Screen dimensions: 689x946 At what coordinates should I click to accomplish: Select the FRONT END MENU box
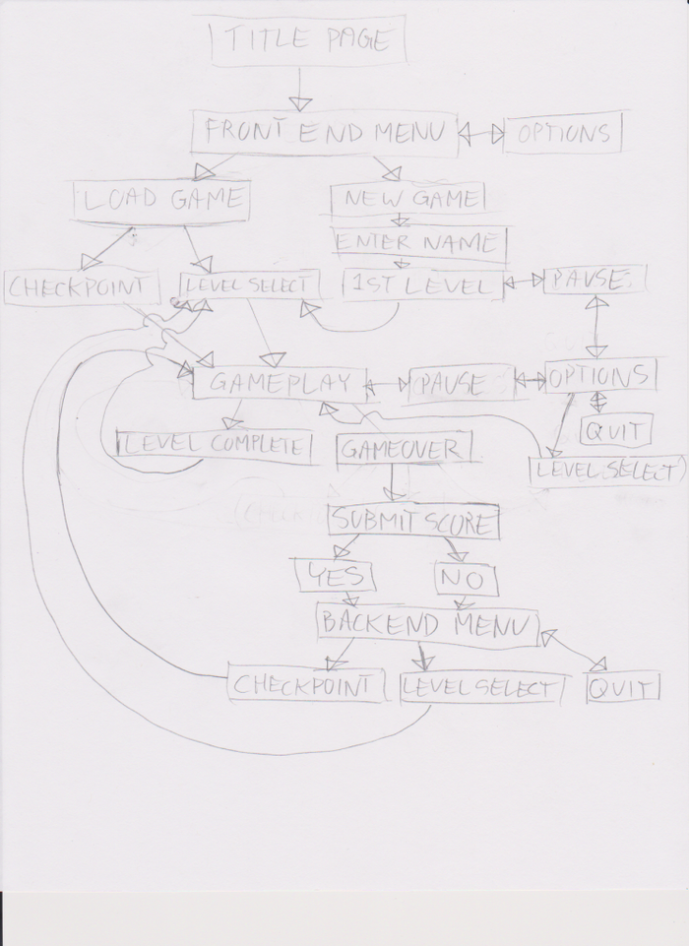(x=326, y=133)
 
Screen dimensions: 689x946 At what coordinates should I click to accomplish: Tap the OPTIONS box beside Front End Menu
(x=563, y=134)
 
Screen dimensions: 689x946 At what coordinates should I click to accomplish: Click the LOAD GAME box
(x=162, y=200)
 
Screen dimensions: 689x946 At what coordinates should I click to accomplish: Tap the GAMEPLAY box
(x=281, y=384)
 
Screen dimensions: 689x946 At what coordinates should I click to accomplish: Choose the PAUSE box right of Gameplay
(x=461, y=383)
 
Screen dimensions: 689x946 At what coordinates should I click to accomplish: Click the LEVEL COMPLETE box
(x=215, y=445)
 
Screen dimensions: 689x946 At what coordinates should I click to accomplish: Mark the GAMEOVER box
(x=404, y=449)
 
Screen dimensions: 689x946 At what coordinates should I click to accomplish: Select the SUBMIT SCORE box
(x=413, y=521)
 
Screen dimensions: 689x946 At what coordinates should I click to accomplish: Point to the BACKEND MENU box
(x=427, y=624)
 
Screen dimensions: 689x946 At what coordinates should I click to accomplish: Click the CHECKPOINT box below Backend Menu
(x=305, y=685)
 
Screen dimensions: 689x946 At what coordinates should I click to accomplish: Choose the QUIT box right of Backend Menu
(x=622, y=688)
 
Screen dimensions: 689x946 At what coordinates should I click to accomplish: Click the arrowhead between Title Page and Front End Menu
(x=301, y=103)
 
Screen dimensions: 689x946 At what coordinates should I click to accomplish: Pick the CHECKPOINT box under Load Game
(x=82, y=287)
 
